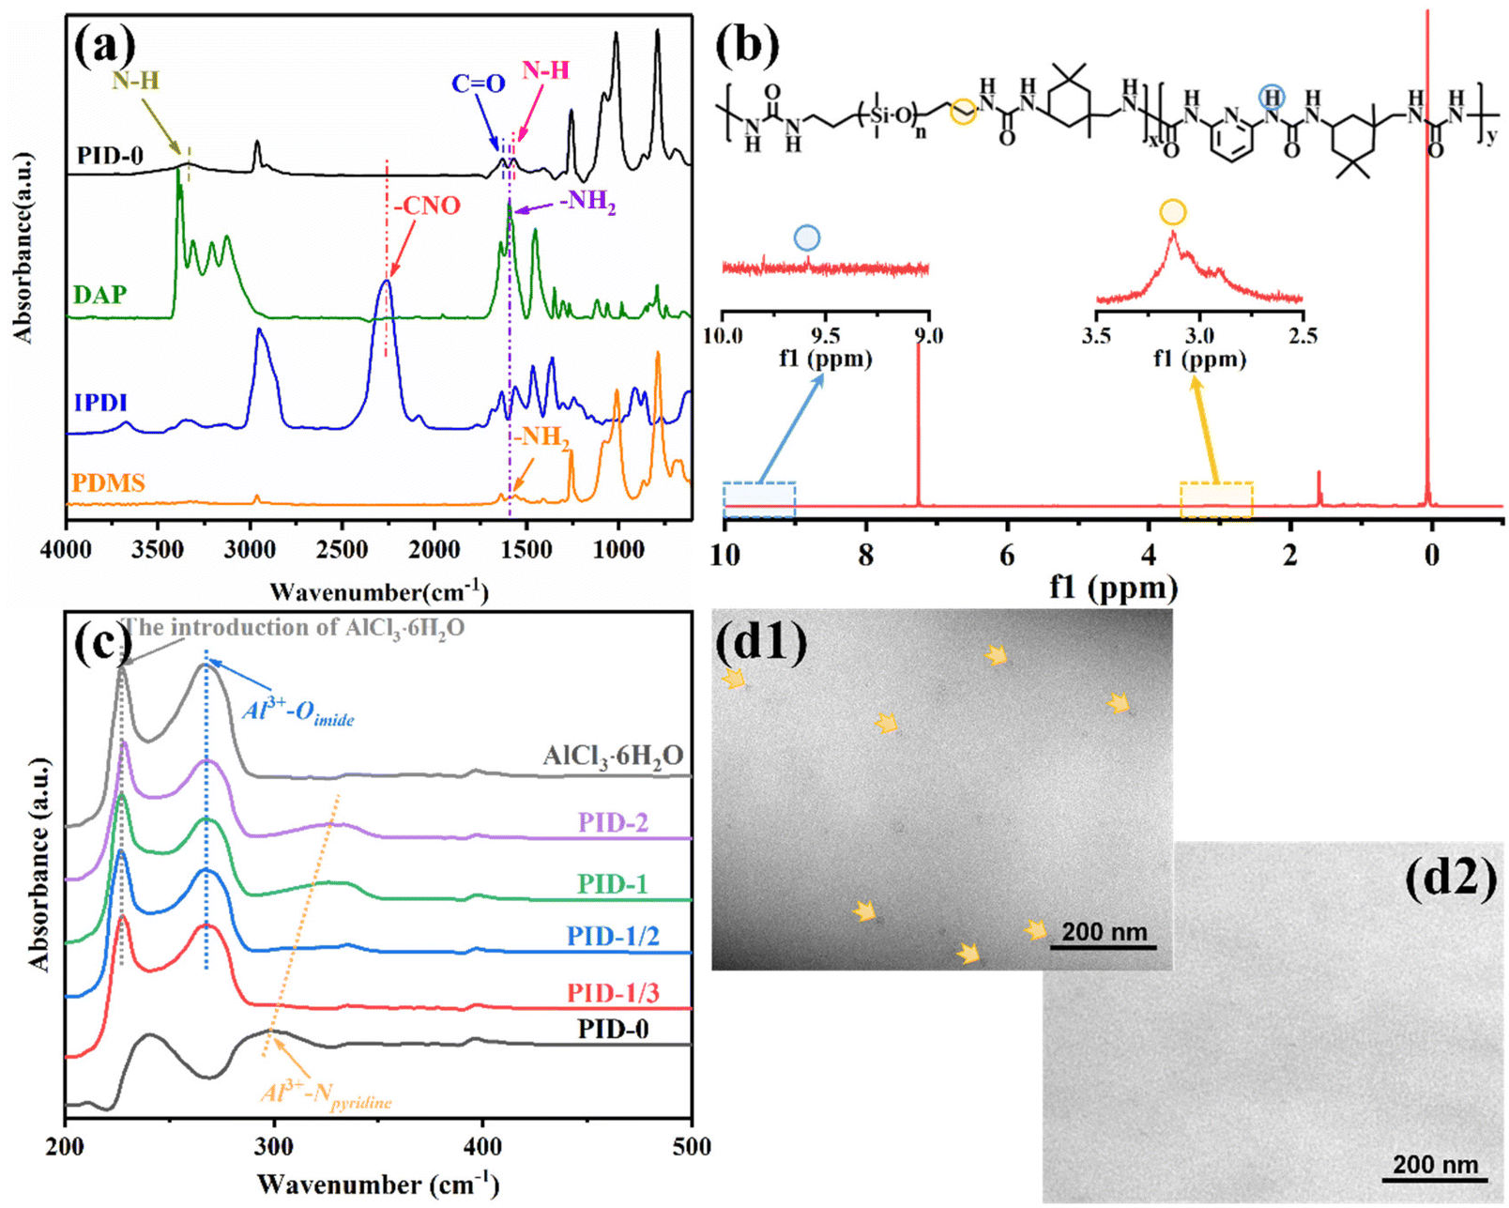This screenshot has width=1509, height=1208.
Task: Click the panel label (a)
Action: [x=105, y=45]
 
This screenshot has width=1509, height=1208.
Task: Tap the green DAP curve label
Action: [x=100, y=295]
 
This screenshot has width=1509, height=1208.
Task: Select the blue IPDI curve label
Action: [x=100, y=403]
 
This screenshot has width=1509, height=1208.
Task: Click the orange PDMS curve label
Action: [x=109, y=483]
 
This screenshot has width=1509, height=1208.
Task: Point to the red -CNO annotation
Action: [x=427, y=206]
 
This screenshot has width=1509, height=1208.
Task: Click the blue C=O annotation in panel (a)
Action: [x=478, y=84]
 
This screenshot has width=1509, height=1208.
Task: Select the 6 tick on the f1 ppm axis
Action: [x=1007, y=555]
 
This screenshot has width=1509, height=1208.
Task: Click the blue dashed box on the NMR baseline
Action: [x=759, y=499]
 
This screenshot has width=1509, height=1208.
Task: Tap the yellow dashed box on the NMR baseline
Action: [x=1215, y=499]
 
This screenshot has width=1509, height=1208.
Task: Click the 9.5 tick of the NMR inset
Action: [x=825, y=334]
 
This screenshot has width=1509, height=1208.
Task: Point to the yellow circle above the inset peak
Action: [x=1172, y=212]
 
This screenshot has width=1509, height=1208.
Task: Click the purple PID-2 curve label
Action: [x=613, y=822]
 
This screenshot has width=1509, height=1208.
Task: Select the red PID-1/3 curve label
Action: [x=613, y=992]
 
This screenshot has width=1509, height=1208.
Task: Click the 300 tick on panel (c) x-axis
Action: [x=274, y=1146]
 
